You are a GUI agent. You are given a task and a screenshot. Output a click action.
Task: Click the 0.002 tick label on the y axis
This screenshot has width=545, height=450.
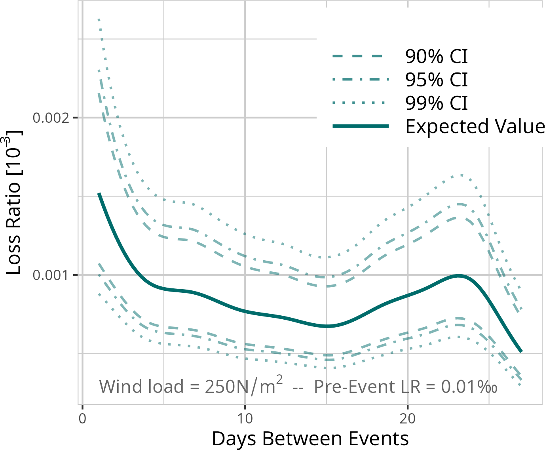52,118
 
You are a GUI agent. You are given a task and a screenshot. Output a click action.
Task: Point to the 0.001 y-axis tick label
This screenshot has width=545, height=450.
52,275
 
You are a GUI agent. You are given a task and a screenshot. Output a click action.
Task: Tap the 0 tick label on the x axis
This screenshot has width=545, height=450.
82,419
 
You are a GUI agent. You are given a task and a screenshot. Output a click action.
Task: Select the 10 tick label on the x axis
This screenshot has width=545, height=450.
245,419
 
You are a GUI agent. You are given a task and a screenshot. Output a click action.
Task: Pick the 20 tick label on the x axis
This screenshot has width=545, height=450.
407,419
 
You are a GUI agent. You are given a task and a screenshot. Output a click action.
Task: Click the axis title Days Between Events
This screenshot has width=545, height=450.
310,439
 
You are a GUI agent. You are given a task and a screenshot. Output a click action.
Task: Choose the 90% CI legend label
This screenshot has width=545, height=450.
436,57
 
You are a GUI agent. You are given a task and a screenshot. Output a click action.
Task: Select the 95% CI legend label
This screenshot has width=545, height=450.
436,80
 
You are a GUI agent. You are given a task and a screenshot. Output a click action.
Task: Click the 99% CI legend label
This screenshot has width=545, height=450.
436,103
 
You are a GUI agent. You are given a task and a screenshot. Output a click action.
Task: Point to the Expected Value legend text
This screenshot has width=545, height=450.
475,126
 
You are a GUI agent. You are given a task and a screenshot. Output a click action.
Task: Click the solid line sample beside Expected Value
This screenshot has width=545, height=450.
360,126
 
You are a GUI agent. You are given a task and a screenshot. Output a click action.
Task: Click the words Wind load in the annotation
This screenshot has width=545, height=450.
141,387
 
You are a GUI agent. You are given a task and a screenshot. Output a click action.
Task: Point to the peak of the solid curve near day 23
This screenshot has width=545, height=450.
459,276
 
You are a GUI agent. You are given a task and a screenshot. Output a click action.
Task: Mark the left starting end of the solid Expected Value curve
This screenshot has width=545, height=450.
99,194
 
